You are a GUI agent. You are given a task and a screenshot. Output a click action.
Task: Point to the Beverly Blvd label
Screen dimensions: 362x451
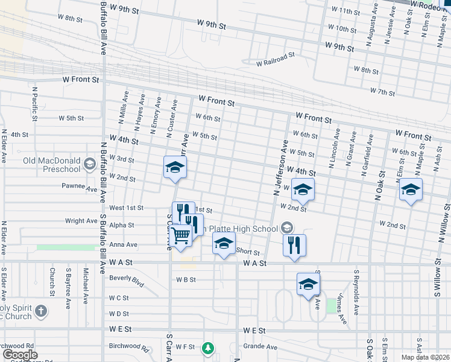[127, 280]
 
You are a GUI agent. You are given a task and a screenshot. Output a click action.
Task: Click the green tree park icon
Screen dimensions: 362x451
[208, 348]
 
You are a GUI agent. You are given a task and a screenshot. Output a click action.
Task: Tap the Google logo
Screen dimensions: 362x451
[19, 355]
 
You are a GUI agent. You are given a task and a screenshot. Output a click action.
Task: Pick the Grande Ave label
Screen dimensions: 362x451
[260, 347]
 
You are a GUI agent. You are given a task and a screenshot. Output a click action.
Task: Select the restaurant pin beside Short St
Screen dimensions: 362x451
[294, 245]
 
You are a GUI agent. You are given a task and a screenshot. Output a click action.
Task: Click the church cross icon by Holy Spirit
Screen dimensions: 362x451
[40, 311]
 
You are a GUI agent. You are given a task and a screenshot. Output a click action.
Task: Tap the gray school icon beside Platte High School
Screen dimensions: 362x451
[287, 227]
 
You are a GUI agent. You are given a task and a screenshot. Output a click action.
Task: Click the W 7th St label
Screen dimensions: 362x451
[382, 92]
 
